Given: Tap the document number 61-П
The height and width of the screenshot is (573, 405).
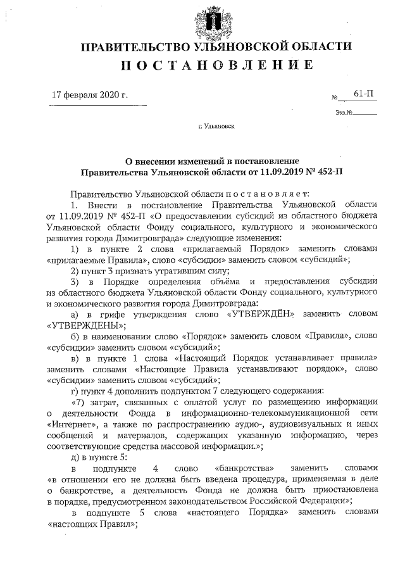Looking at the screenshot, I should (363, 94).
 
